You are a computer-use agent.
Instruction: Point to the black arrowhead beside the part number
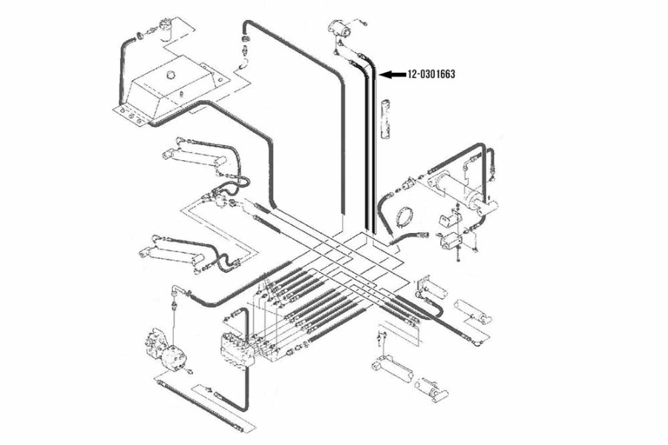tap(385, 74)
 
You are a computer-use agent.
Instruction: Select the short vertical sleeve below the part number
tap(385, 119)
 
